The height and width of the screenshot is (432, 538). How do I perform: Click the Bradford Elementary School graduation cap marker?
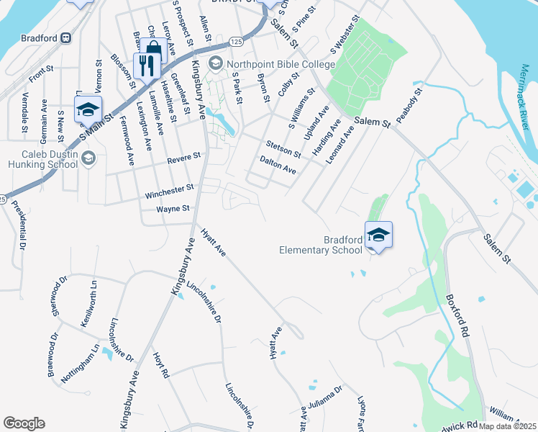[379, 235]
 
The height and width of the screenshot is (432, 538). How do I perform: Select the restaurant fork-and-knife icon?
[146, 66]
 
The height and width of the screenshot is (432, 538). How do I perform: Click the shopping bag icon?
[153, 50]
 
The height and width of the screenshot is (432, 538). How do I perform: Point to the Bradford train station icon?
[65, 37]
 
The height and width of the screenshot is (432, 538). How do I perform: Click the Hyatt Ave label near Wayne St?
[214, 243]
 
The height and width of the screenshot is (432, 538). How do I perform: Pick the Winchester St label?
[170, 189]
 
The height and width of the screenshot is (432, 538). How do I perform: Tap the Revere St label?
[184, 157]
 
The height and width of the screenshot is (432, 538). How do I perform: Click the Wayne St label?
[173, 209]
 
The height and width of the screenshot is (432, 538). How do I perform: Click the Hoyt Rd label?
[160, 365]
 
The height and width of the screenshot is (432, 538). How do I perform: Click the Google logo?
[24, 423]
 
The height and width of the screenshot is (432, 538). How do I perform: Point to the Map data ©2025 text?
[506, 426]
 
